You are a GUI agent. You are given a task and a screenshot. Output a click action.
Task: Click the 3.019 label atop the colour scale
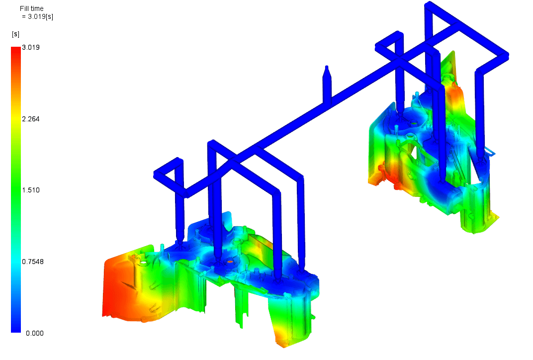click(x=31, y=47)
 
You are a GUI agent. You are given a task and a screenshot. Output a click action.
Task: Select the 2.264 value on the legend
click(x=31, y=119)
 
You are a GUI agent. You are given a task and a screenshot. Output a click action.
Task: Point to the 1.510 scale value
click(x=31, y=190)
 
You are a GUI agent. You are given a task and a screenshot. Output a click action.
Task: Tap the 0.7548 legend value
click(x=33, y=262)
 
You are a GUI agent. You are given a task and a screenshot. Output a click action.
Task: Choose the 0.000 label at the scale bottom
click(x=35, y=333)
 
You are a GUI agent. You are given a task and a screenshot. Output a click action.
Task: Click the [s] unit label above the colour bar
click(x=15, y=34)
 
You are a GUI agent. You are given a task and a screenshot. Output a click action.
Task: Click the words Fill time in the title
click(x=32, y=8)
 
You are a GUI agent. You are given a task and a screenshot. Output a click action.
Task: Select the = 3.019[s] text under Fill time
click(x=37, y=16)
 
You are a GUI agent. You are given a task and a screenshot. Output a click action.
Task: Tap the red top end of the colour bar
click(x=16, y=49)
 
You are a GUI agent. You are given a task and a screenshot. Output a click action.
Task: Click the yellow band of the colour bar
click(x=16, y=117)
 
